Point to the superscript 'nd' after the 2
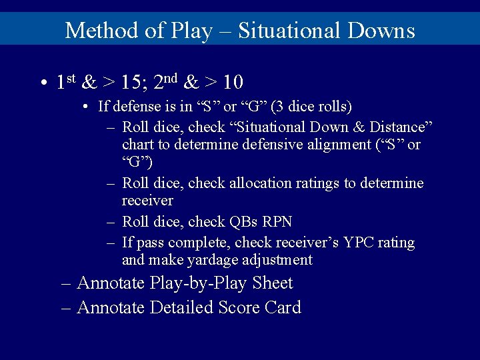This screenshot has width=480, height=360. coord(170,77)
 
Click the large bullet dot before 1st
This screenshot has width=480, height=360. coord(42,83)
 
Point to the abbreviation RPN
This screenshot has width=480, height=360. coord(279,221)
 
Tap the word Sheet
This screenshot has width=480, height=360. coord(273,283)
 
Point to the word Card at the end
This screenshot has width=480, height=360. coord(283,307)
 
